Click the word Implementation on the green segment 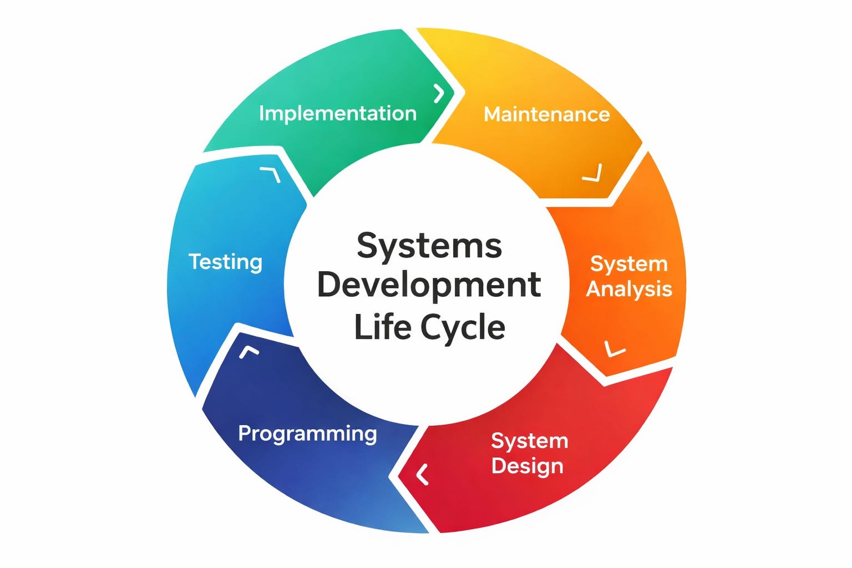[337, 114]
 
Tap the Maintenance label [546, 114]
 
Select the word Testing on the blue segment [225, 262]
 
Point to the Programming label [307, 433]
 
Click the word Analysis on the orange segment [629, 289]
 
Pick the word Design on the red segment [527, 466]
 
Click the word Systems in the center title [429, 246]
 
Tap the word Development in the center [429, 285]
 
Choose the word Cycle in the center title [463, 327]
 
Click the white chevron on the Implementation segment [439, 93]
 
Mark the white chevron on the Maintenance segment [593, 173]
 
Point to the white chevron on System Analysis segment [614, 349]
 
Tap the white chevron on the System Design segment [423, 474]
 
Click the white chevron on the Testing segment [271, 174]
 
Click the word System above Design [530, 441]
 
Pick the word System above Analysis [628, 263]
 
